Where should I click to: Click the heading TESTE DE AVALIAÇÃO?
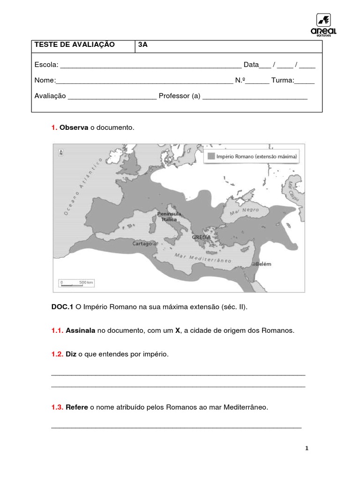tap(75, 45)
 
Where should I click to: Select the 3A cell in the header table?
tap(142, 45)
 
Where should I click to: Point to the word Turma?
tap(282, 81)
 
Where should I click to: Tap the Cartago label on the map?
tap(142, 243)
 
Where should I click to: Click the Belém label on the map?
tap(264, 264)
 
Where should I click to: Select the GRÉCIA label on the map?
tap(201, 237)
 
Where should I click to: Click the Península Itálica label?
tap(169, 217)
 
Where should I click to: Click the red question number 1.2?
tap(57, 354)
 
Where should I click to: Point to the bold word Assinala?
tap(81, 330)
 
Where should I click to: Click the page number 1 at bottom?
tap(307, 448)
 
